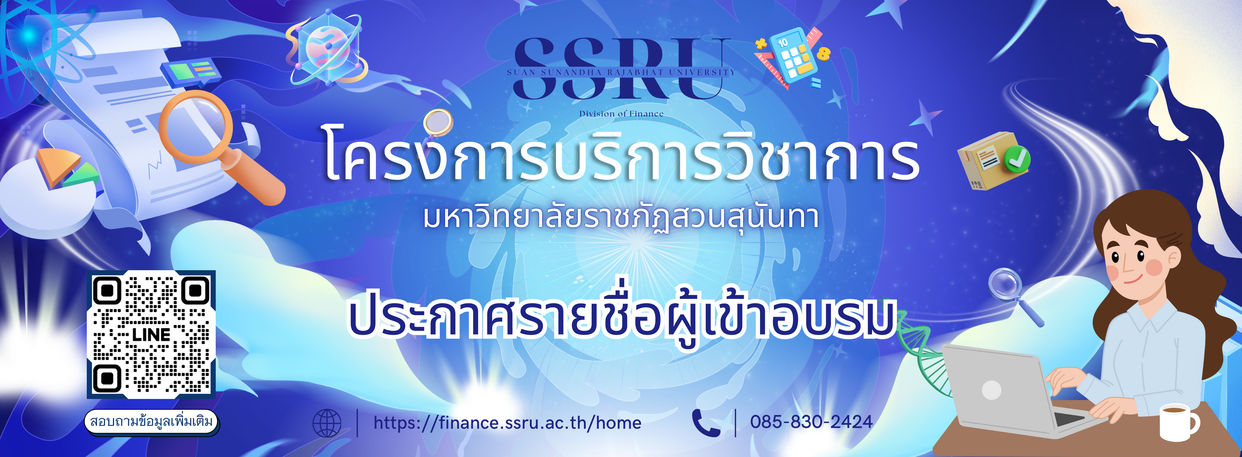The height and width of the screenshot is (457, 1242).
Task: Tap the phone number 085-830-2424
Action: (x=811, y=422)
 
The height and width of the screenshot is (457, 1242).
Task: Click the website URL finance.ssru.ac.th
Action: (x=507, y=423)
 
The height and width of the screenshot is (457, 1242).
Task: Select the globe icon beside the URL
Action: (x=326, y=423)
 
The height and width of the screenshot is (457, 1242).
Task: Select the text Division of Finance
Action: (x=621, y=114)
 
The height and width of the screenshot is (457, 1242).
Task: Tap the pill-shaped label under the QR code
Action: (x=151, y=422)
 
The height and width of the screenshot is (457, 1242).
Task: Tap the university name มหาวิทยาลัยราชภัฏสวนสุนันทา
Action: (x=621, y=218)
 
